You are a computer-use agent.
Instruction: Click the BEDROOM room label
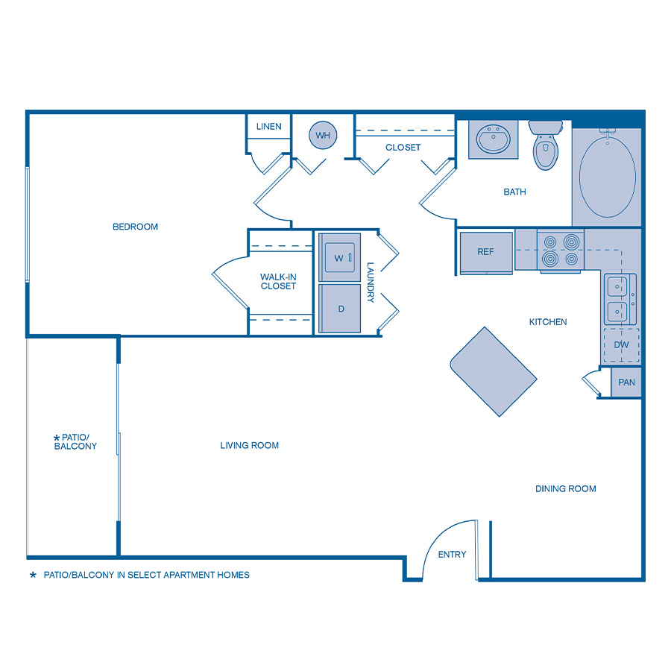(x=135, y=227)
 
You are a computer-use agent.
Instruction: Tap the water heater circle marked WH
(x=323, y=136)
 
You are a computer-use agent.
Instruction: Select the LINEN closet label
(x=268, y=126)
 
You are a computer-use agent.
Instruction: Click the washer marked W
(x=339, y=258)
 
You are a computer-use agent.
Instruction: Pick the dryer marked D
(x=340, y=308)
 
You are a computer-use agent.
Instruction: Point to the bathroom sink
(x=492, y=139)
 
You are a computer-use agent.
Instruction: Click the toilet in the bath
(x=546, y=145)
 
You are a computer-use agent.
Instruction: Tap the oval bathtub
(x=607, y=177)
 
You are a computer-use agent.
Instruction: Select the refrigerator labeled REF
(x=486, y=252)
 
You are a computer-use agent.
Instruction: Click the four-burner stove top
(x=561, y=251)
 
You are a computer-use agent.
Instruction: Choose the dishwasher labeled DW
(x=620, y=345)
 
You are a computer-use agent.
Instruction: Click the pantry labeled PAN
(x=626, y=382)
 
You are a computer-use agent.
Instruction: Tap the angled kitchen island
(x=493, y=371)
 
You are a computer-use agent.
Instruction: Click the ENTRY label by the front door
(x=452, y=554)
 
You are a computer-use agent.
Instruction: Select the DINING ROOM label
(x=565, y=489)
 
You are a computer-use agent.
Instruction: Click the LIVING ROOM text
(x=249, y=445)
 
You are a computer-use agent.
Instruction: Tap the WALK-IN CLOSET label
(x=278, y=281)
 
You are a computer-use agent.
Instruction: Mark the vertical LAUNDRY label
(x=371, y=282)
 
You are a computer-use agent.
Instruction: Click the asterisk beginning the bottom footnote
(x=33, y=576)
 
